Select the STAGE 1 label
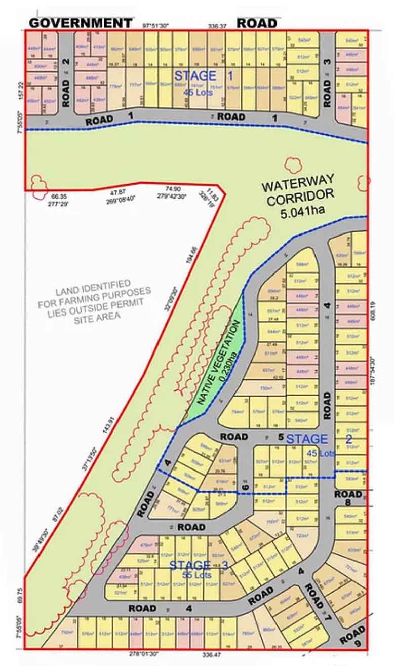(x=196, y=76)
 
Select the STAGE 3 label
(x=189, y=565)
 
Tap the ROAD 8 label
(x=349, y=498)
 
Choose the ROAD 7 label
(x=318, y=603)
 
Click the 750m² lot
(x=265, y=388)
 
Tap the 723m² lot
(x=302, y=535)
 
